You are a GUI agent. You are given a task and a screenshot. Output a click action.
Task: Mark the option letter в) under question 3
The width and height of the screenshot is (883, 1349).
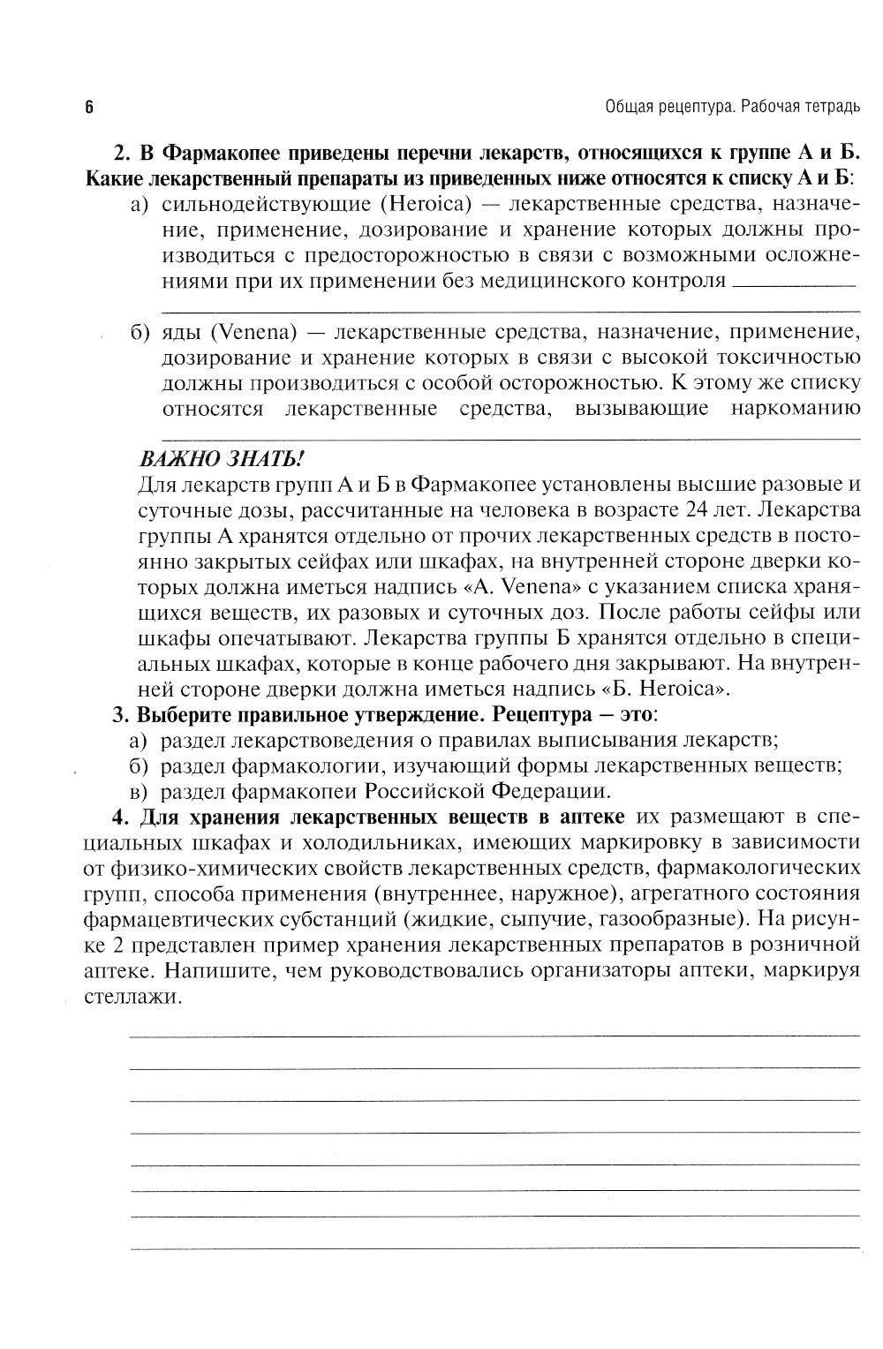[x=140, y=791]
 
